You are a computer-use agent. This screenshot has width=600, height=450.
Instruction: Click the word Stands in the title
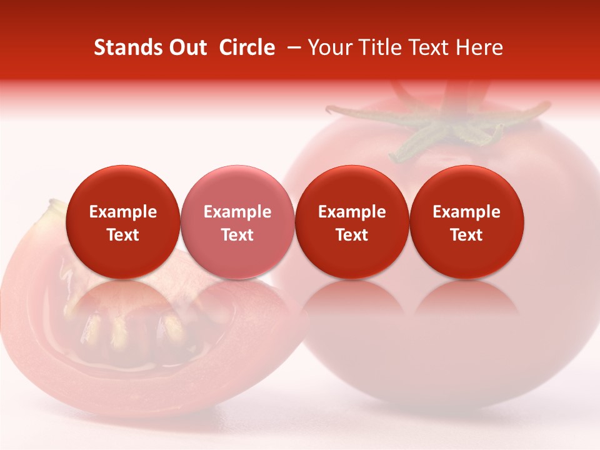coord(124,47)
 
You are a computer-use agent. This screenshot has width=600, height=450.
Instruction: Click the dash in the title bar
coord(292,47)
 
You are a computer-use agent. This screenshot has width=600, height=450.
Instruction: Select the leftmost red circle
coord(122,222)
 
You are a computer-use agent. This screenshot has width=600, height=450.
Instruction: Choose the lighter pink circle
coord(237,222)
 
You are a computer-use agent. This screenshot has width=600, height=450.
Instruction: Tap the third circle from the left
coord(352,222)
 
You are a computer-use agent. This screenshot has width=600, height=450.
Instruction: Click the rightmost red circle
coord(466,222)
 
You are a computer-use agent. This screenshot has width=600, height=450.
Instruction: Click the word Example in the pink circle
coord(237,212)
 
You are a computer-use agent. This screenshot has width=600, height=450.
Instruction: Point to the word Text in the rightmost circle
coord(466,235)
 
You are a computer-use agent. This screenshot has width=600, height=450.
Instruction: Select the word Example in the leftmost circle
coord(122,212)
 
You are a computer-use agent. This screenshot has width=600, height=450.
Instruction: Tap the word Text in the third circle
coord(352,235)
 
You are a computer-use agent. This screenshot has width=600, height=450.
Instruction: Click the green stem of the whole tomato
coord(437,128)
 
